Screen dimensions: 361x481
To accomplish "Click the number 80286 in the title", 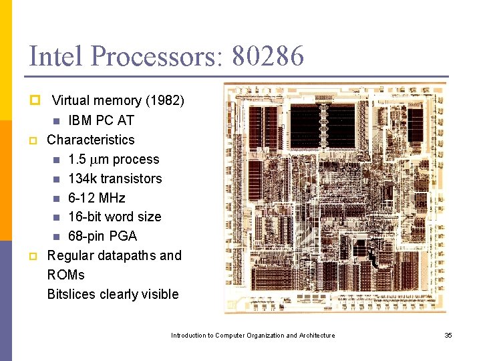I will pyautogui.click(x=268, y=56).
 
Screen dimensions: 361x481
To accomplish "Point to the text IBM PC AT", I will pyautogui.click(x=101, y=120).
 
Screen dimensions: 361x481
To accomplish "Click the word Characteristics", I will pyautogui.click(x=91, y=140).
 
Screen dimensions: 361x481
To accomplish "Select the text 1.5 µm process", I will pyautogui.click(x=114, y=159).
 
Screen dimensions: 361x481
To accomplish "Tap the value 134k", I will pyautogui.click(x=82, y=178).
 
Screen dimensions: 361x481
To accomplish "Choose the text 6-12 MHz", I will pyautogui.click(x=96, y=198).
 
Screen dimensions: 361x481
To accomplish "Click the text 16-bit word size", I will pyautogui.click(x=114, y=217).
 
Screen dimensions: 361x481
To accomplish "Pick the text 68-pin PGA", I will pyautogui.click(x=102, y=236).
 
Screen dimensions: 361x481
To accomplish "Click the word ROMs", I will pyautogui.click(x=66, y=275).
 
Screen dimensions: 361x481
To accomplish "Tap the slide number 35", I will pyautogui.click(x=448, y=335).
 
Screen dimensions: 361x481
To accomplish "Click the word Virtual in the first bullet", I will pyautogui.click(x=71, y=101).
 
